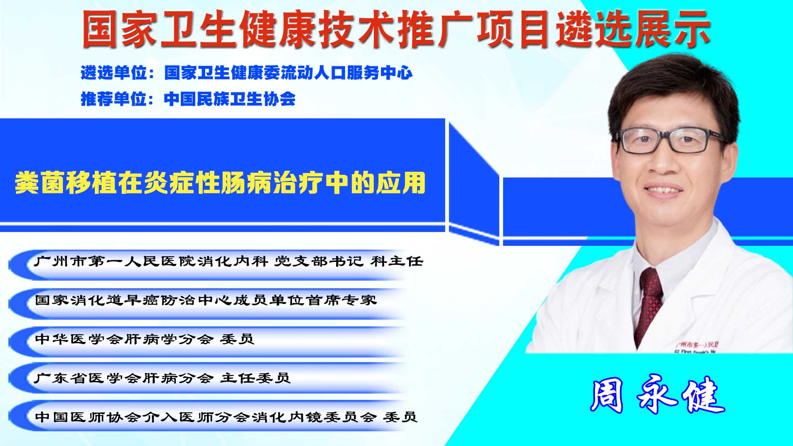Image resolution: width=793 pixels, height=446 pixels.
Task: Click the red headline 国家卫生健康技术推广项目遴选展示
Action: tap(396, 29)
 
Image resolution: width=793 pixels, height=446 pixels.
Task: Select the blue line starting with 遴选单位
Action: tap(247, 73)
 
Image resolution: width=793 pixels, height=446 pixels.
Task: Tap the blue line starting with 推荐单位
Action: tap(188, 99)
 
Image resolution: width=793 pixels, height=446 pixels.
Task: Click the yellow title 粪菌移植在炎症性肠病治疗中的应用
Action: tap(220, 183)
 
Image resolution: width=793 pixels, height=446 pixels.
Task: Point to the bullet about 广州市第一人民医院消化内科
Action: tap(229, 262)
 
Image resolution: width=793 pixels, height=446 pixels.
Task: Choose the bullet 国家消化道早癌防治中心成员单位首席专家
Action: tap(206, 300)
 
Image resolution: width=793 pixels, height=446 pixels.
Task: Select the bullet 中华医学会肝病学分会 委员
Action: tap(145, 339)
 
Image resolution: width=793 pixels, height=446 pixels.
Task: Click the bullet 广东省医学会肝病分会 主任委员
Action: tap(162, 378)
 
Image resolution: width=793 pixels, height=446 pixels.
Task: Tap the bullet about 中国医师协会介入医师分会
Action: tap(226, 417)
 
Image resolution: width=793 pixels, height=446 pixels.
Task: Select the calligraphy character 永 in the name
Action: tap(657, 396)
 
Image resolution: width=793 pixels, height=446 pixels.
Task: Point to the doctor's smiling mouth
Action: tap(664, 190)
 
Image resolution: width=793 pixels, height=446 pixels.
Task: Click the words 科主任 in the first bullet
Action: tap(397, 262)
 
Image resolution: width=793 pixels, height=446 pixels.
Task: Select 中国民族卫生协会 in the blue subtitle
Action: tap(230, 99)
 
